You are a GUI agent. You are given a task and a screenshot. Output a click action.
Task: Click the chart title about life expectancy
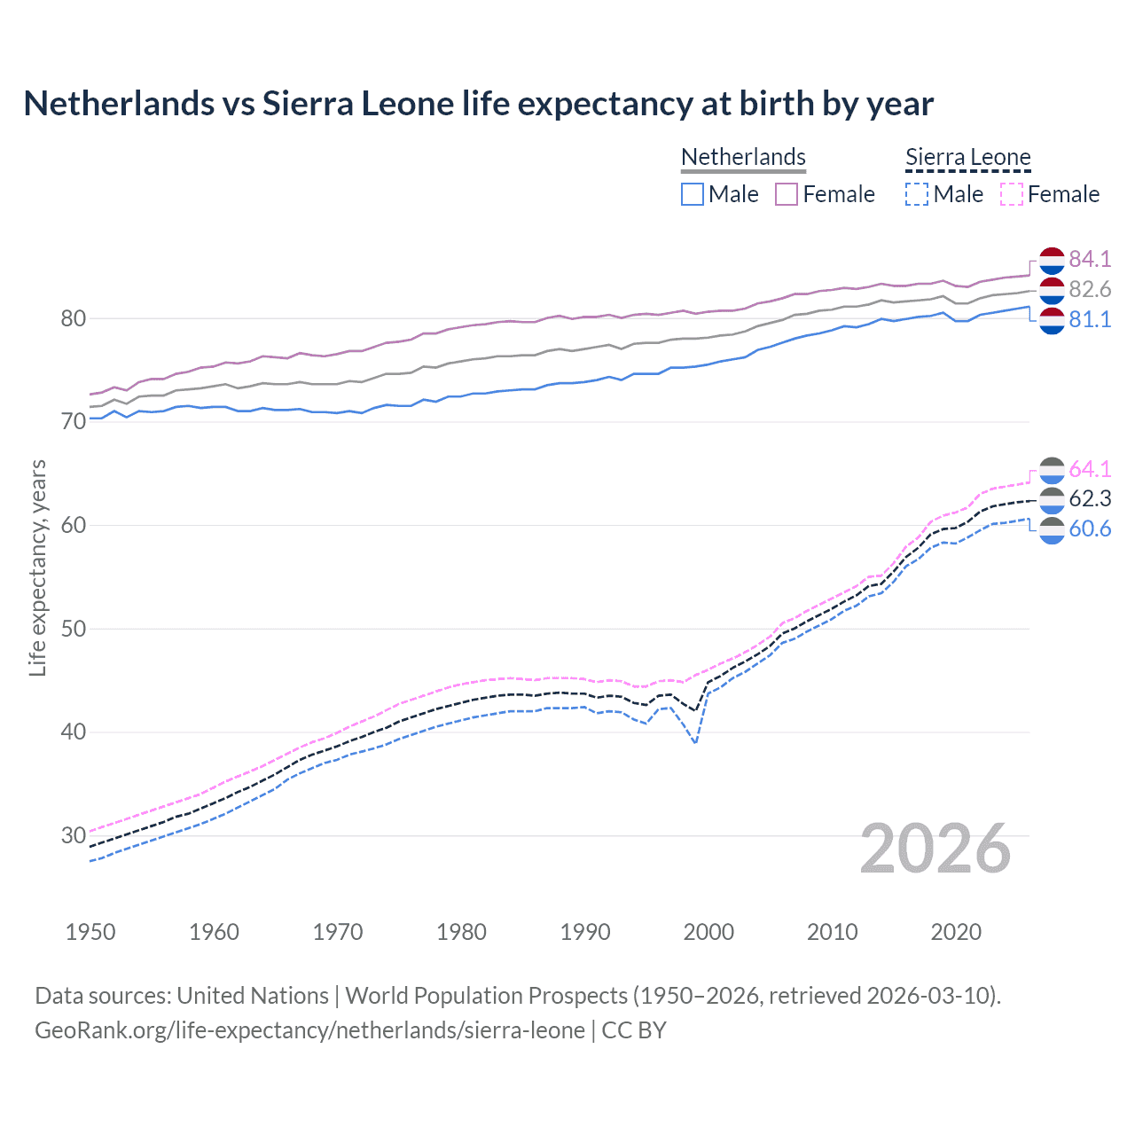coord(478,104)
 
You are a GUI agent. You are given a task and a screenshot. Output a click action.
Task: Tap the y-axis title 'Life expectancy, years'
coord(37,567)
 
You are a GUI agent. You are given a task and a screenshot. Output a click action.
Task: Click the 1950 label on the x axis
coord(90,932)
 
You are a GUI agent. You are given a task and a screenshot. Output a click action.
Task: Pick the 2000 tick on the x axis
coord(708,932)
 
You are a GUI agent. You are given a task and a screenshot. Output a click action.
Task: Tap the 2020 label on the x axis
coord(956,932)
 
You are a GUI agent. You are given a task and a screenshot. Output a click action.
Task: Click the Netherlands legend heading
coord(743,157)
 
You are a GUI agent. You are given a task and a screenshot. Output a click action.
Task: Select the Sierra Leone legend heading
coord(967,157)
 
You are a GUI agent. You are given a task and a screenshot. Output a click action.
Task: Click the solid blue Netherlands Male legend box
coord(693,194)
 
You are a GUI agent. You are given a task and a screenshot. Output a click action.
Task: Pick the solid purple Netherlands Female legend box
coord(787,194)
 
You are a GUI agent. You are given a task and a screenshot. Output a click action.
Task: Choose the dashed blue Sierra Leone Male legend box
coord(917,194)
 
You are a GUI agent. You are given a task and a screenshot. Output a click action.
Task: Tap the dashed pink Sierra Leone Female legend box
coord(1012,194)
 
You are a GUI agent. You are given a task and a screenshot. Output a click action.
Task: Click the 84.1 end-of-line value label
coord(1090,259)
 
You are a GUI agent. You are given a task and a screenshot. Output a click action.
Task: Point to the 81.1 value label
coord(1090,319)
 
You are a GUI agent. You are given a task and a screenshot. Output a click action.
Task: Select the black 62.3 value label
coord(1090,498)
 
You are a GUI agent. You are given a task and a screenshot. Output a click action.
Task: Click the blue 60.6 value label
coord(1090,528)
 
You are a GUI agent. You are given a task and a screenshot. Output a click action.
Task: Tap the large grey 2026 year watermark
coord(935,849)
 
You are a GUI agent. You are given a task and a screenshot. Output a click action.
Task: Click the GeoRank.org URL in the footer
coord(309,1030)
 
